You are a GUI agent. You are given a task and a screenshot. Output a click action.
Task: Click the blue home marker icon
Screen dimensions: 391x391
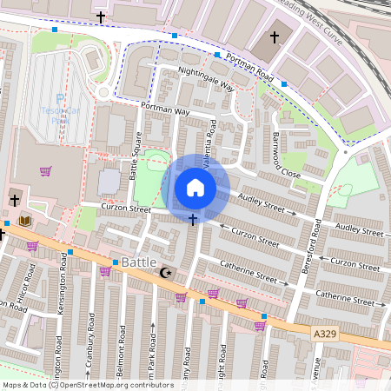pos(195,187)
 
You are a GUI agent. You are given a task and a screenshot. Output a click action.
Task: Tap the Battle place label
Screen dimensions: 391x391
pos(139,262)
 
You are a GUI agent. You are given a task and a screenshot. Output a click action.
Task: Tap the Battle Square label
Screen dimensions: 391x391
pos(135,155)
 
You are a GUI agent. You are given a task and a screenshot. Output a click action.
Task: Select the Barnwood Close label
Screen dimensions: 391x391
pos(285,156)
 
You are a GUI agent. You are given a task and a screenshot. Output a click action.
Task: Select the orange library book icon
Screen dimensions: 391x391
pos(24,221)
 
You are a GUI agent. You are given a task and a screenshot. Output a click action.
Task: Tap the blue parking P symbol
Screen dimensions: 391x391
pos(59,99)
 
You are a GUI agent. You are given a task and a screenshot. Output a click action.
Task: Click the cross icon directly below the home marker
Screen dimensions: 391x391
pos(192,219)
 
